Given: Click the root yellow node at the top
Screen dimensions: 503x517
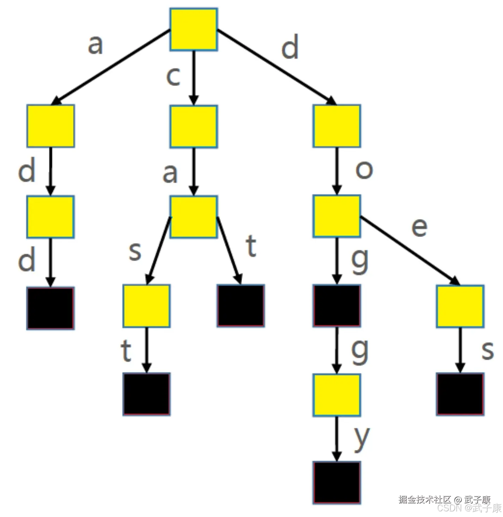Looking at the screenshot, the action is tap(194, 29).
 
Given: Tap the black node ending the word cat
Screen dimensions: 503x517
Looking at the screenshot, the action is tap(241, 305).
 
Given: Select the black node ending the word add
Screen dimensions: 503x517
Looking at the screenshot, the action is tap(50, 308).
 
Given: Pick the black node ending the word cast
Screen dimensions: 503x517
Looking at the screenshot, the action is tap(146, 394).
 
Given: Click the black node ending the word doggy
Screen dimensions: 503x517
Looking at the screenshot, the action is tap(337, 483).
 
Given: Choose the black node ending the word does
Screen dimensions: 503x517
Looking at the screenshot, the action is tap(460, 394).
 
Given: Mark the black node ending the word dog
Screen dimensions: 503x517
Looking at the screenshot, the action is tap(337, 305).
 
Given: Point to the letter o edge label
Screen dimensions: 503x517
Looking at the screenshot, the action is tap(364, 170).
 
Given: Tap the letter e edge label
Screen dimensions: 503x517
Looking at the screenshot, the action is tap(419, 227).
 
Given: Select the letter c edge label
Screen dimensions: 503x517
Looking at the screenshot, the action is tap(173, 77).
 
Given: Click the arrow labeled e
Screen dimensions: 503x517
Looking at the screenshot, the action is tap(410, 251).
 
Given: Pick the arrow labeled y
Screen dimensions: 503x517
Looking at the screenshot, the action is tap(337, 439).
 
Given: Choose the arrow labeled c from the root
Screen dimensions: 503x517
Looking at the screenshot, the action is tap(194, 78).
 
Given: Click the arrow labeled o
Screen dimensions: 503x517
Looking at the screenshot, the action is tap(337, 171).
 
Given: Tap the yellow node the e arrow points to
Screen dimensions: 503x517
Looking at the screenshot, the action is tap(460, 306).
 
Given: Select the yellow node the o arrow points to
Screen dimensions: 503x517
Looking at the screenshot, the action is tap(337, 216).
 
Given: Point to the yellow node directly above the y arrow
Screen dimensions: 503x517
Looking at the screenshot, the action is tap(337, 395).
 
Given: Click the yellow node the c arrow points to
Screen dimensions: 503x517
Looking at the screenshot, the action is tap(194, 127).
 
